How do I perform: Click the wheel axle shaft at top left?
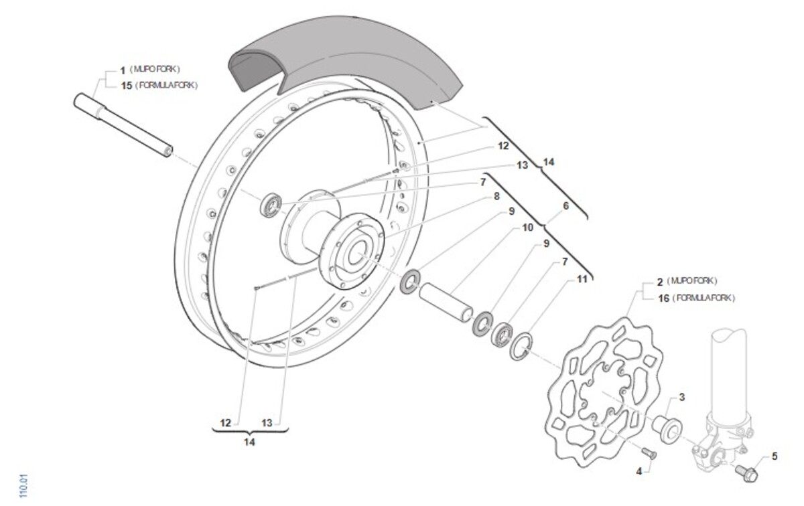(x=123, y=125)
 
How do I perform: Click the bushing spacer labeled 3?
(x=667, y=426)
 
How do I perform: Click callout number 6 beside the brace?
(x=565, y=206)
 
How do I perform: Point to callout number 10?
(x=528, y=228)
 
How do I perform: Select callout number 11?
(x=582, y=279)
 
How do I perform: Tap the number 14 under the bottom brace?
(x=249, y=442)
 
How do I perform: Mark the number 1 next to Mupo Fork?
(x=123, y=69)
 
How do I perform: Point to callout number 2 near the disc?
(x=659, y=281)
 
